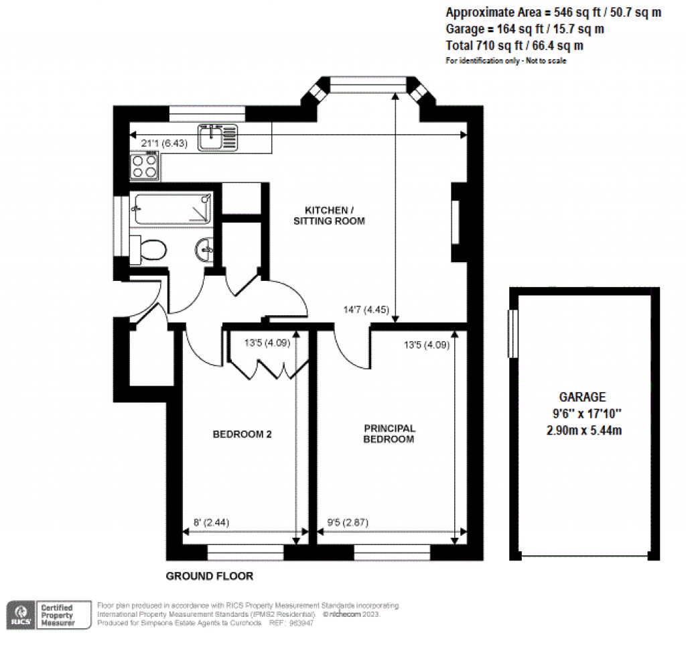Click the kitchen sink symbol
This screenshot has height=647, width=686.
[217, 137]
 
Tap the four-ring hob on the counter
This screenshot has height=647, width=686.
[145, 166]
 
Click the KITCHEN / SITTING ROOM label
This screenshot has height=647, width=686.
[329, 215]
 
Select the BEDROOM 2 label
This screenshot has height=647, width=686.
[242, 434]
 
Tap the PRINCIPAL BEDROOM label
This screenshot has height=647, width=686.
[389, 434]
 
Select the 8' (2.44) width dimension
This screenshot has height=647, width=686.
[208, 522]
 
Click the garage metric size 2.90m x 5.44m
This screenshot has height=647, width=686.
[584, 430]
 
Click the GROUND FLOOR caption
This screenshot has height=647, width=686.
[209, 576]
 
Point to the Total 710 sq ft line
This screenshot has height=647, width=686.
[514, 46]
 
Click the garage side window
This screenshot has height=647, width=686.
[513, 333]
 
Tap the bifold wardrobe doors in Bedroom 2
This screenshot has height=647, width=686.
[268, 364]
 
